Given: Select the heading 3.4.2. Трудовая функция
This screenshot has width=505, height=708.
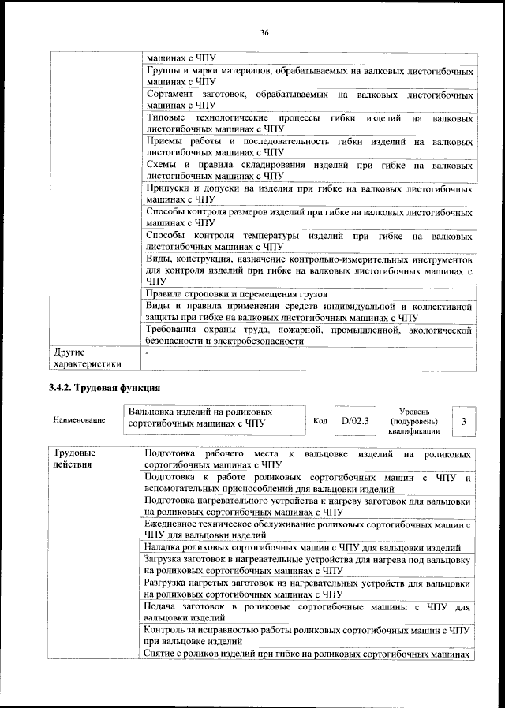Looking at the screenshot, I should click(104, 387).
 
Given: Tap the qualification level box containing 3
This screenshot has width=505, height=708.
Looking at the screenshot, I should click(464, 422).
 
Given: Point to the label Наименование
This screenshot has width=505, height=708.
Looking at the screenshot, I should click(79, 420).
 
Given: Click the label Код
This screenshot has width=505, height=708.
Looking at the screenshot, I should click(320, 421).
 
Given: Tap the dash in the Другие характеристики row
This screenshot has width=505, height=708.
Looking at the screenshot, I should click(147, 353).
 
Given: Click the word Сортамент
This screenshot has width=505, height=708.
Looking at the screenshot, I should click(171, 95).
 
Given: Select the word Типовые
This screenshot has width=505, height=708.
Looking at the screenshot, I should click(168, 117).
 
